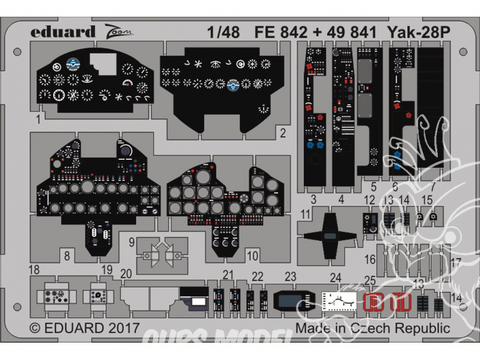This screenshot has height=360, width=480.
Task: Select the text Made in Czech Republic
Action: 372,328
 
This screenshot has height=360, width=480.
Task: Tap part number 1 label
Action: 38,116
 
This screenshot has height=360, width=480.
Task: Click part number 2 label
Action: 282,133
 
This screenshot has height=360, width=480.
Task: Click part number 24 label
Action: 336,276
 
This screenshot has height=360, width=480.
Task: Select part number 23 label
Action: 291,276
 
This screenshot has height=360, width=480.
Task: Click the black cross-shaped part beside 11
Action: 331,234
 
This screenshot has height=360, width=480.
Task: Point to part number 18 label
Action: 34,269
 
